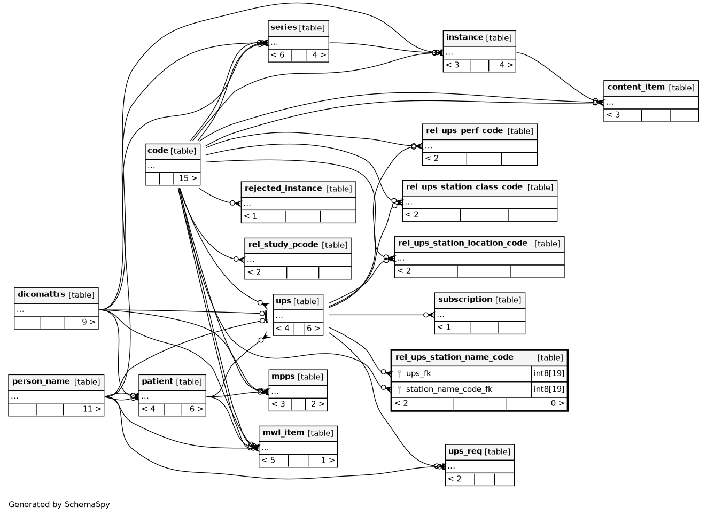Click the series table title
tap(283, 27)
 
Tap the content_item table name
tap(636, 87)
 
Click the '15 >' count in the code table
tap(188, 178)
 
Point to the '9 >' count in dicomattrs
tap(89, 322)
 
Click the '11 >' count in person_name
tap(92, 409)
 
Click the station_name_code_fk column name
tap(449, 389)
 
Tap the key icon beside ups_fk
tap(399, 374)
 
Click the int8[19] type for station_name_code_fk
tap(549, 389)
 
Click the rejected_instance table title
tap(283, 189)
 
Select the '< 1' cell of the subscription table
tap(444, 327)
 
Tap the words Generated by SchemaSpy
tap(59, 504)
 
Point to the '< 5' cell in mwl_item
tap(268, 461)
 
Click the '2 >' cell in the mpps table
tap(317, 404)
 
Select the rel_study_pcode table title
tap(283, 245)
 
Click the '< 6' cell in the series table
tap(277, 55)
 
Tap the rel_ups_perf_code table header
tap(464, 131)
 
